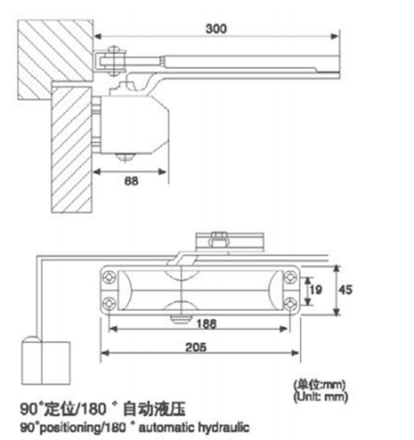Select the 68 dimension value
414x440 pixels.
click(x=131, y=181)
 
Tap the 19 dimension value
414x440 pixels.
click(x=316, y=290)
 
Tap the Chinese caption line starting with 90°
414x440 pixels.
click(x=103, y=409)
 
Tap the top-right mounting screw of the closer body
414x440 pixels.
click(x=290, y=277)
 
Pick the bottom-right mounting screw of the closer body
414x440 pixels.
click(x=290, y=302)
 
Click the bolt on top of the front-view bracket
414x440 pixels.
click(x=217, y=238)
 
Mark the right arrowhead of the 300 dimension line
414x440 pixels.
click(x=335, y=37)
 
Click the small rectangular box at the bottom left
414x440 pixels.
click(x=46, y=363)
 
